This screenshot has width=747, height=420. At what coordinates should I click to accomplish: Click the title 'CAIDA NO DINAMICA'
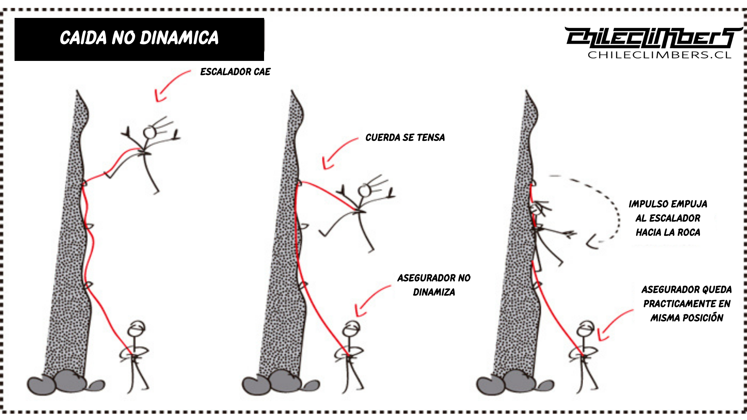[139, 38]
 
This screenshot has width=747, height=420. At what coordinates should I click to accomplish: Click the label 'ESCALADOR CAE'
[235, 72]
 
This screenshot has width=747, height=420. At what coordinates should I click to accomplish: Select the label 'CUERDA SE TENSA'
[405, 138]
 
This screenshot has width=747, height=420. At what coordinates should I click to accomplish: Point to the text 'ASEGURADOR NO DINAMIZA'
[434, 285]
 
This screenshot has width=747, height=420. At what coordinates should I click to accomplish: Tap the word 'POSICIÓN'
[704, 318]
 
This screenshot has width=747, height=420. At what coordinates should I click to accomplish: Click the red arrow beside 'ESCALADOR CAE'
[170, 85]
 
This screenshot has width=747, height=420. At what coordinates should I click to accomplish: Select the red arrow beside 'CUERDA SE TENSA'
[337, 152]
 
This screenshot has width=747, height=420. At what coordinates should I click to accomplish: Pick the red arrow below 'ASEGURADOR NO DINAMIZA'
[371, 300]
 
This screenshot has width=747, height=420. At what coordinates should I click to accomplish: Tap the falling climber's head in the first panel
[150, 133]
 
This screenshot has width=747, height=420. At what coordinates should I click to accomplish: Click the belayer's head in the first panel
[136, 328]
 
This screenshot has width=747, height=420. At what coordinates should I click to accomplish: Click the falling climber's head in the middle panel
[364, 191]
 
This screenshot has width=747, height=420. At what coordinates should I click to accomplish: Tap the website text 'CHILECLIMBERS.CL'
[659, 55]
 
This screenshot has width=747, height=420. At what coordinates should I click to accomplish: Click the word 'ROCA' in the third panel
[689, 232]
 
